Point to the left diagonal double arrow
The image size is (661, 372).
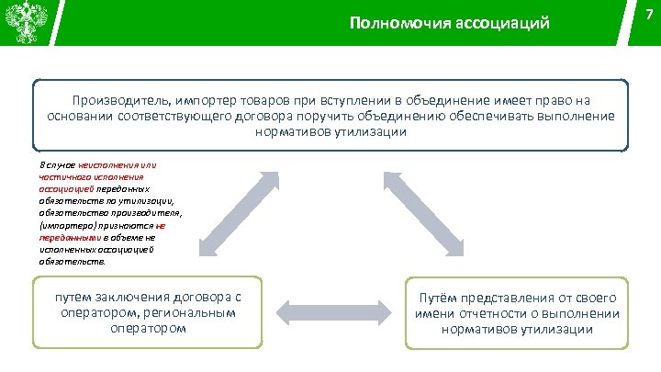pos(236,211)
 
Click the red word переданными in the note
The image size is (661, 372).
pos(67,235)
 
